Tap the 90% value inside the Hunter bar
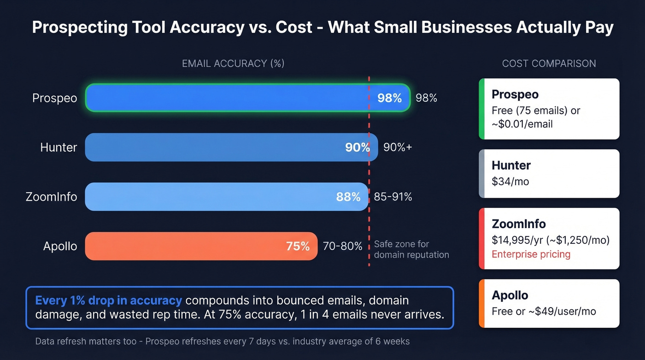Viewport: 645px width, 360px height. click(357, 148)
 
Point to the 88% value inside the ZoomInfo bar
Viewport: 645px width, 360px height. click(348, 197)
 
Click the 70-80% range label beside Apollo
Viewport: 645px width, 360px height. click(342, 246)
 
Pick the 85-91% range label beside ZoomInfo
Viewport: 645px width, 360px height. click(393, 197)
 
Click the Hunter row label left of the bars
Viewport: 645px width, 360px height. click(59, 148)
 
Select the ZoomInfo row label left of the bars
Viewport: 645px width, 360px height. click(51, 197)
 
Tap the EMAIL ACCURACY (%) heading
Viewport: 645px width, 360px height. click(233, 64)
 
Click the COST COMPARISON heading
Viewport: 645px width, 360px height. click(549, 64)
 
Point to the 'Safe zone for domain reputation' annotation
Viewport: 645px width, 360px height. click(411, 249)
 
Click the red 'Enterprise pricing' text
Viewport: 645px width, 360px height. click(531, 254)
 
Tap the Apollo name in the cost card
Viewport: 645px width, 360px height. click(510, 295)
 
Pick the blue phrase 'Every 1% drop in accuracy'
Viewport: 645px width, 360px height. click(109, 301)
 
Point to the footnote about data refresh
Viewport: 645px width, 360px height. click(222, 342)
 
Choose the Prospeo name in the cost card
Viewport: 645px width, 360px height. click(515, 94)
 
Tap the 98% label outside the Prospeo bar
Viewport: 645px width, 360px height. click(426, 98)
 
